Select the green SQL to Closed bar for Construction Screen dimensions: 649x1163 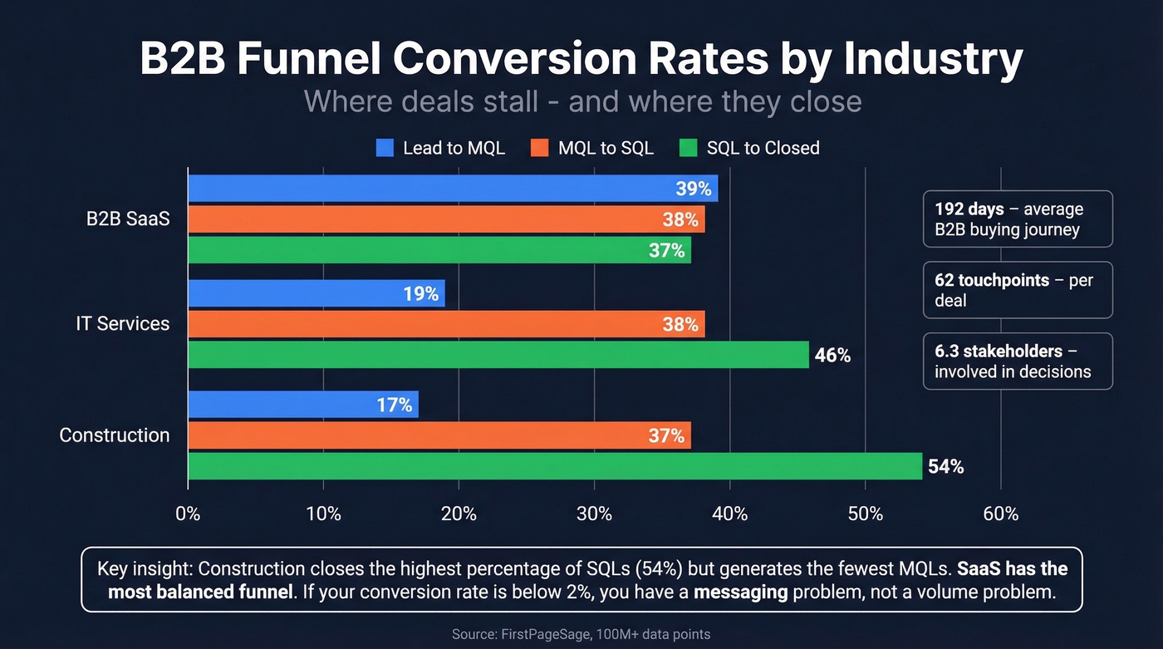pyautogui.click(x=555, y=466)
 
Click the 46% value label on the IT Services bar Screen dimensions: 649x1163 pyautogui.click(x=832, y=356)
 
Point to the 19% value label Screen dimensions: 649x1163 pyautogui.click(x=421, y=293)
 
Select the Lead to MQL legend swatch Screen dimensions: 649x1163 pyautogui.click(x=385, y=148)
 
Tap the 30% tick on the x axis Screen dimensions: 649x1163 pyautogui.click(x=594, y=514)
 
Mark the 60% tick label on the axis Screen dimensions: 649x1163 pyautogui.click(x=1000, y=514)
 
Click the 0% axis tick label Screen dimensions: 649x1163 pyautogui.click(x=188, y=514)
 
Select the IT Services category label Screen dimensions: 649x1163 pyautogui.click(x=122, y=324)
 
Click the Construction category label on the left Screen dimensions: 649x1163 pyautogui.click(x=115, y=435)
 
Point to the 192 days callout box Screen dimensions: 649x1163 pyautogui.click(x=1017, y=219)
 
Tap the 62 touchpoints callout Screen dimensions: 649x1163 pyautogui.click(x=1017, y=290)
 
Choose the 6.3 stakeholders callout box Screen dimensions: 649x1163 pyautogui.click(x=1017, y=361)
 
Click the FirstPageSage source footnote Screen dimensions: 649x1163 pyautogui.click(x=581, y=634)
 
